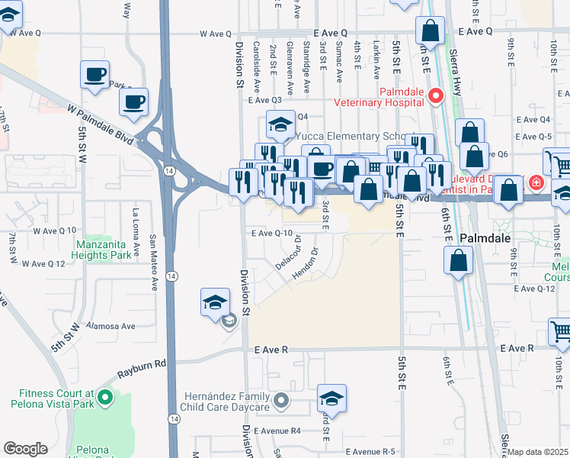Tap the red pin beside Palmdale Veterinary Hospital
[x=436, y=96]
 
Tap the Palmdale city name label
[x=489, y=238]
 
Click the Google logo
[x=25, y=449]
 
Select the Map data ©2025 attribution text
[x=539, y=452]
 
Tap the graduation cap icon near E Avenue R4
[x=331, y=398]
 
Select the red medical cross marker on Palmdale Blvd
[x=536, y=183]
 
